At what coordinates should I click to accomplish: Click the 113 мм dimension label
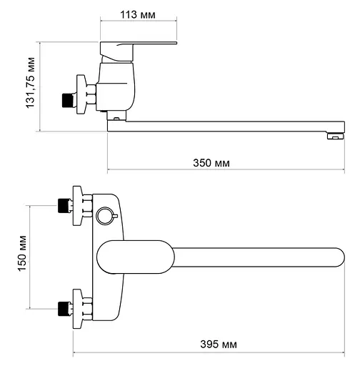point(138,15)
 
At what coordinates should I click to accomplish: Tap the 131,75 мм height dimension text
point(31,83)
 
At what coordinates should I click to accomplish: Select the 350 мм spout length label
point(211,163)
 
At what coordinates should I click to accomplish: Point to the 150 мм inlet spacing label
point(22,253)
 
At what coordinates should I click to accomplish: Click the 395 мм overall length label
point(219,345)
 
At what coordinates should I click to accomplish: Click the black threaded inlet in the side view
point(66,100)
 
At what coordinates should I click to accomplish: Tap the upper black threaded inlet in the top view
point(63,205)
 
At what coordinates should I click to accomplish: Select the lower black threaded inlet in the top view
point(63,309)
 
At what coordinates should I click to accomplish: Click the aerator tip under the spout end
point(336,137)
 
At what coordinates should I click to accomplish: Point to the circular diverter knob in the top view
point(105,216)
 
